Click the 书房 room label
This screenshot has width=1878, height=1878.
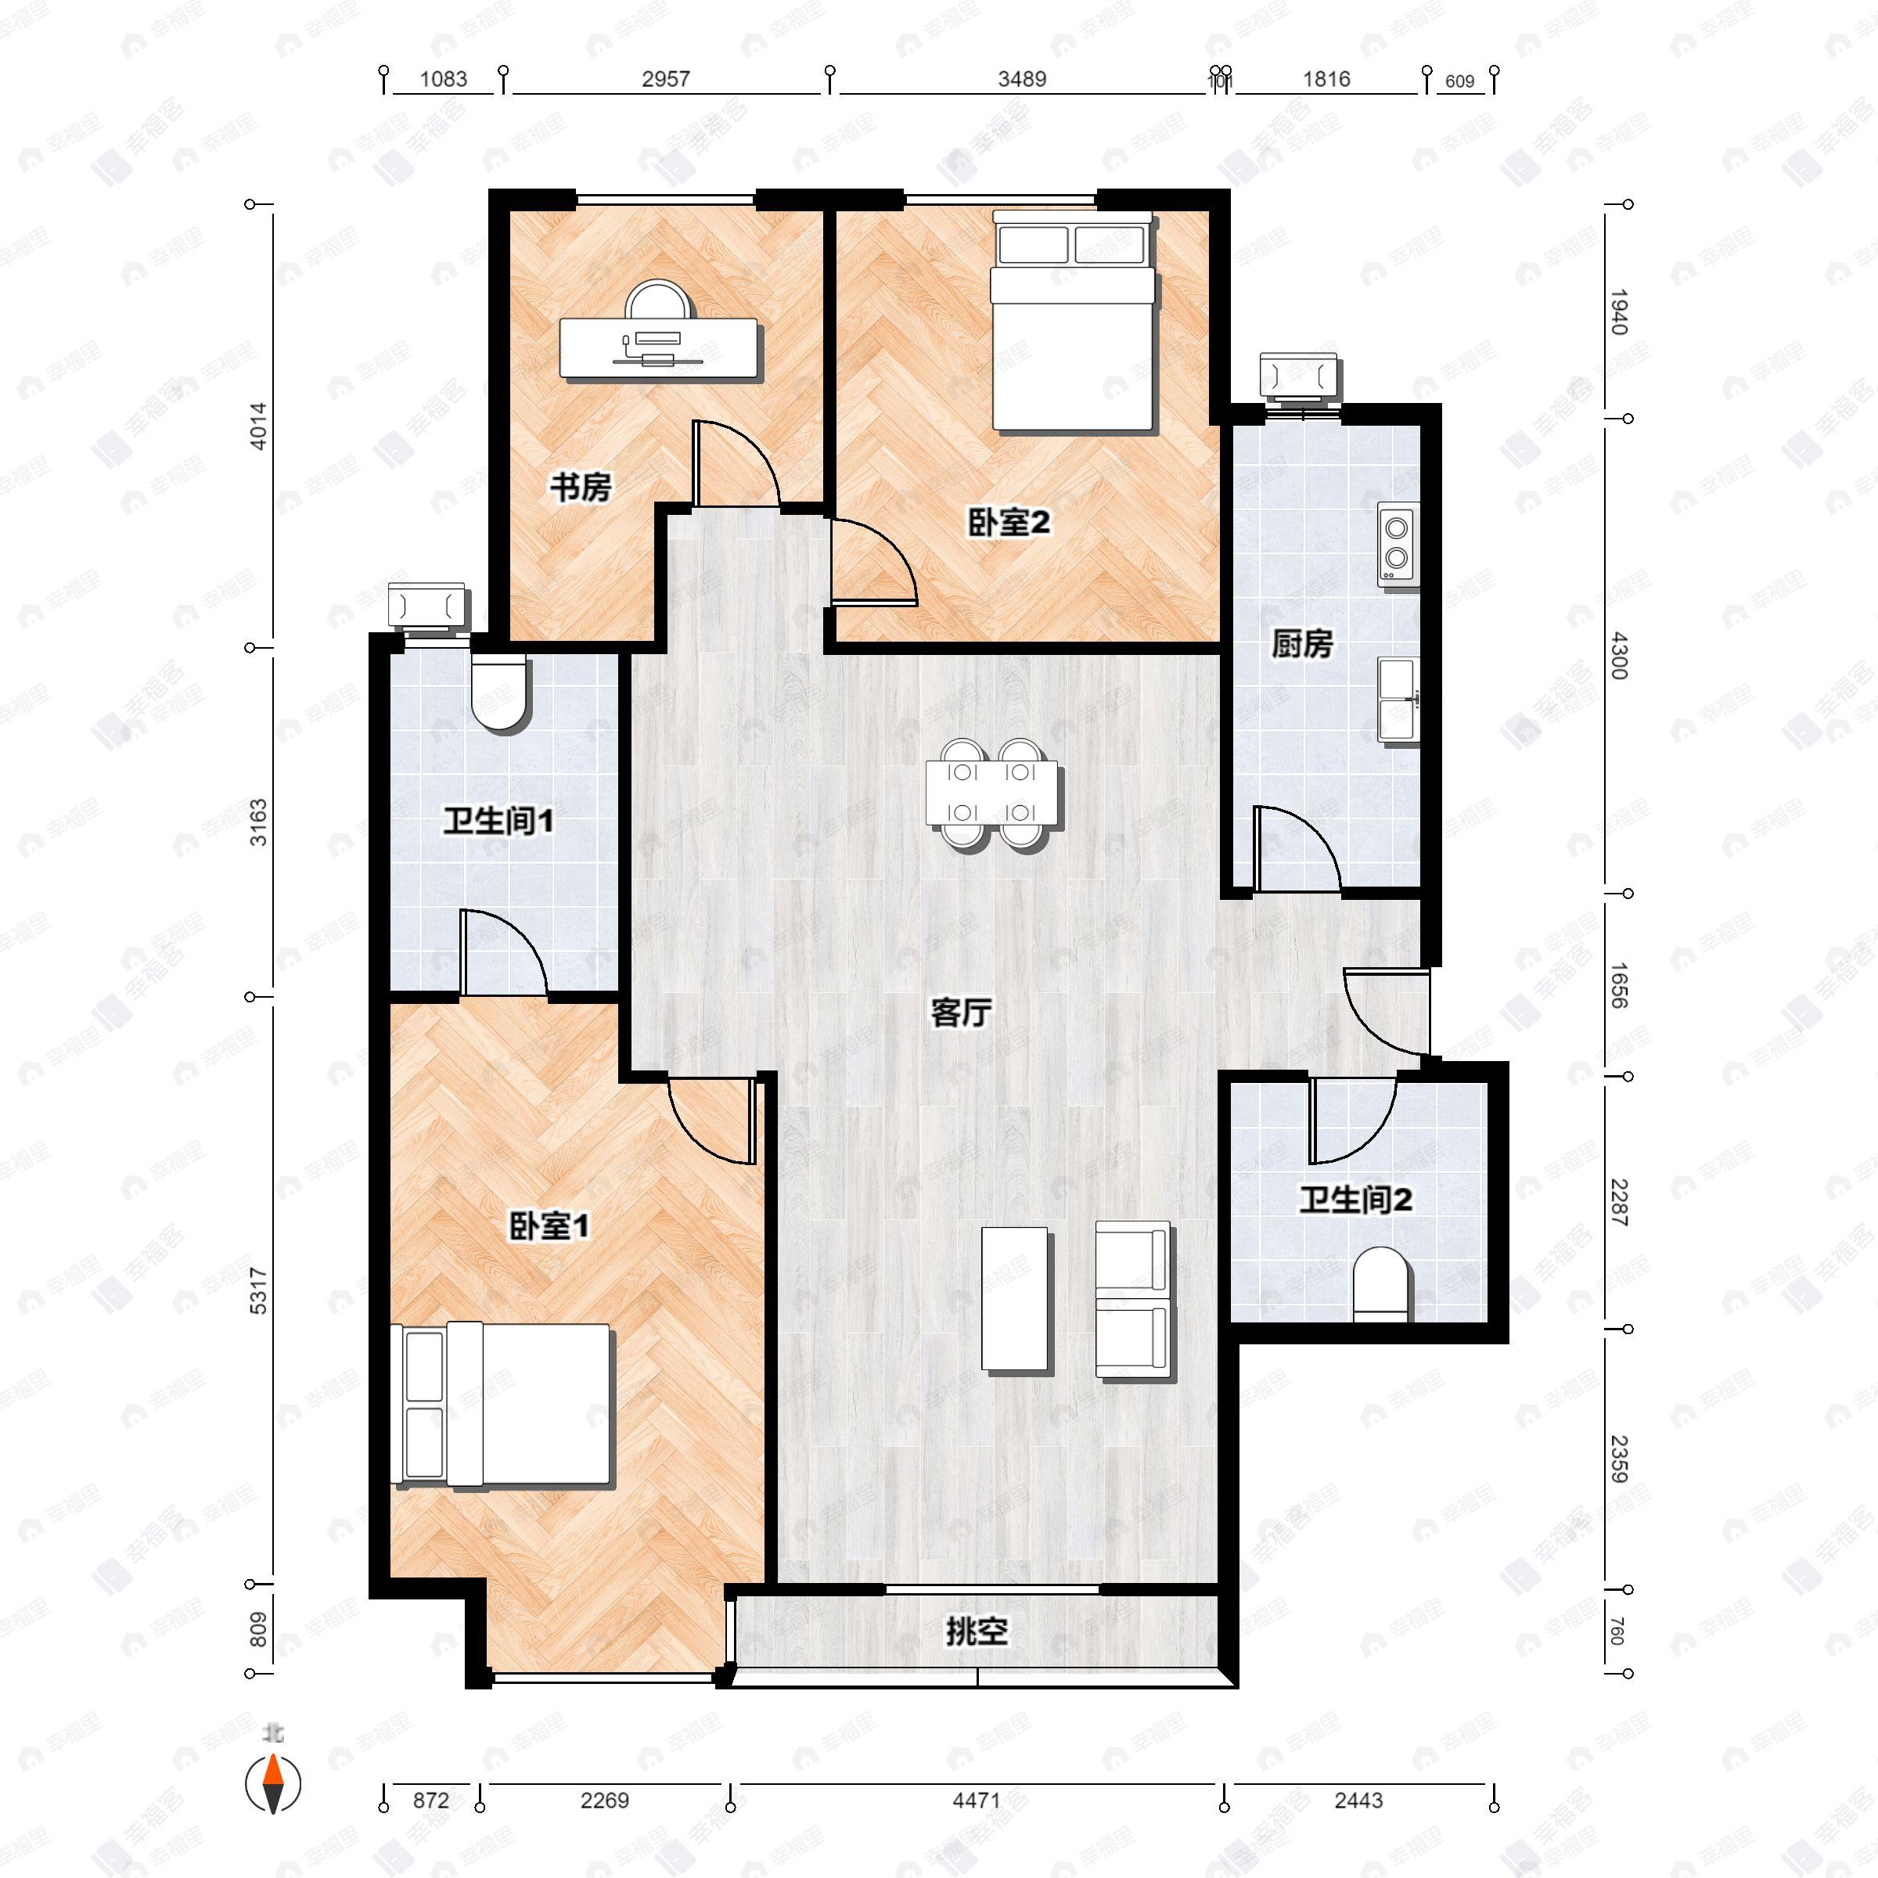point(581,487)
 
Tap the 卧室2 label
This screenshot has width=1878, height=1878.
point(1008,523)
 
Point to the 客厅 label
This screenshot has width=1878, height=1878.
point(960,1013)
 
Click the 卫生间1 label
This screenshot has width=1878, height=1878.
point(498,822)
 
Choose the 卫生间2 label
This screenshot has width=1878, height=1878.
point(1355,1200)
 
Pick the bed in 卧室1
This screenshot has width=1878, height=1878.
point(502,1404)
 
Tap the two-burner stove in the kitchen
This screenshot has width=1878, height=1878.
point(1398,543)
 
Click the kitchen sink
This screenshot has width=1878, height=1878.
point(1399,699)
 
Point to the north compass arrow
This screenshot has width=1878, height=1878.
point(273,1784)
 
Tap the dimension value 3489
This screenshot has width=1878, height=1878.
point(1022,80)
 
